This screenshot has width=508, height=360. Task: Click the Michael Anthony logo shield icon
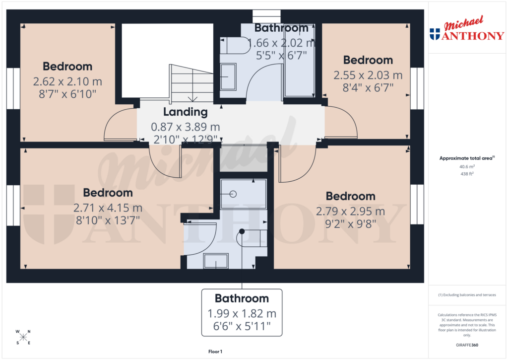coord(435,34)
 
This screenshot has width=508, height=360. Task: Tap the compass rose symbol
coord(23,337)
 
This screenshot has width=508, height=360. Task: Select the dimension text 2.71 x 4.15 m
coord(108,208)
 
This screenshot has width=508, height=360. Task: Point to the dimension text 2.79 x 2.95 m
coord(351,212)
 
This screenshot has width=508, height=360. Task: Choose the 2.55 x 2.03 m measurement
coord(368,75)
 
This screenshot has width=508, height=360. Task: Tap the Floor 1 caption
coord(215,352)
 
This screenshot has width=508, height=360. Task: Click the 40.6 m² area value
coord(466,167)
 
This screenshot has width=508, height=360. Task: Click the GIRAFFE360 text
coord(467,345)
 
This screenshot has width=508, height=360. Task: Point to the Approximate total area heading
coord(465,158)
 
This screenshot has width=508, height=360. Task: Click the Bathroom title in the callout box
coord(242,298)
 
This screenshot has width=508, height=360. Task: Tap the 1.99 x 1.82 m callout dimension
coord(242,314)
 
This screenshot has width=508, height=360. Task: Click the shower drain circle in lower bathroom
coord(233,194)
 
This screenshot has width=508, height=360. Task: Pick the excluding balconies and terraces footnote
coord(466,295)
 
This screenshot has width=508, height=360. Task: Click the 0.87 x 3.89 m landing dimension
coord(185,127)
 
